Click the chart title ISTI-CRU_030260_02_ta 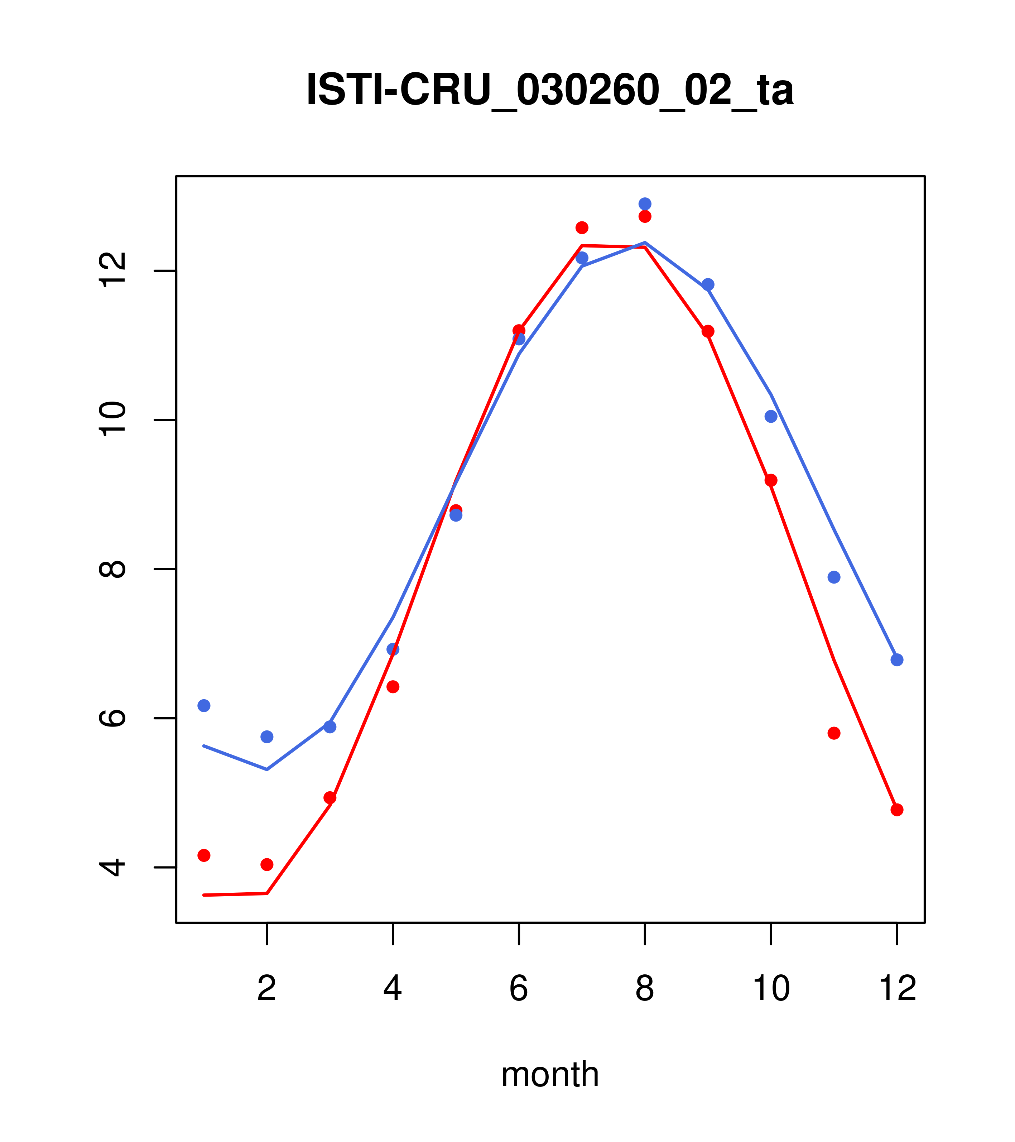(550, 90)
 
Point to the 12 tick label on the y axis (113, 270)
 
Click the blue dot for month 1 (204, 706)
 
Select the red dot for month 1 (204, 855)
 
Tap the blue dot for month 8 (645, 204)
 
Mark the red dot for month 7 (582, 227)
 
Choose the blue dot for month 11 (834, 577)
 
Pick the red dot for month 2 (267, 864)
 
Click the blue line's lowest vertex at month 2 (267, 769)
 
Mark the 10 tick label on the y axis (113, 419)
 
